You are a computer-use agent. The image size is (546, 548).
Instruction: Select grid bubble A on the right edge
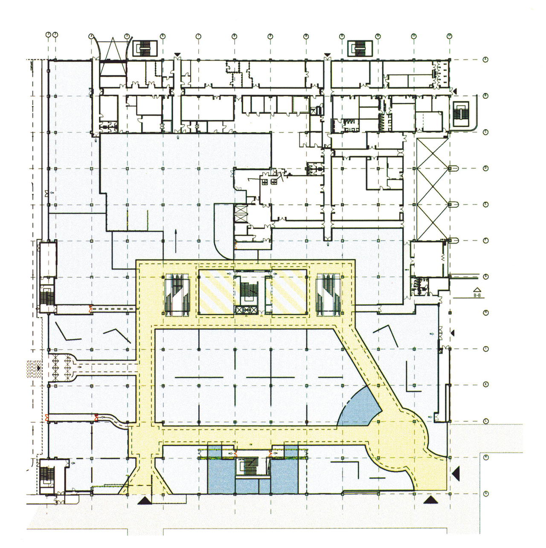pyautogui.click(x=485, y=60)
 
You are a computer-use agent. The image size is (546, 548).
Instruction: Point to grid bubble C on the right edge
pyautogui.click(x=485, y=132)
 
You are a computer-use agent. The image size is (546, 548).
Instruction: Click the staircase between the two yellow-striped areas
pyautogui.click(x=247, y=294)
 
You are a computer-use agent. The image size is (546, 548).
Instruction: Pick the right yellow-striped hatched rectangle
pyautogui.click(x=289, y=293)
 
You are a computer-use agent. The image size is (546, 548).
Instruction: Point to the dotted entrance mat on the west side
pyautogui.click(x=33, y=368)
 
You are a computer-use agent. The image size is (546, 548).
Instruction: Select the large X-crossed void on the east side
pyautogui.click(x=433, y=188)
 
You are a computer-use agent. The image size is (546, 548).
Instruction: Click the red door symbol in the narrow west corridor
pyautogui.click(x=90, y=307)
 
